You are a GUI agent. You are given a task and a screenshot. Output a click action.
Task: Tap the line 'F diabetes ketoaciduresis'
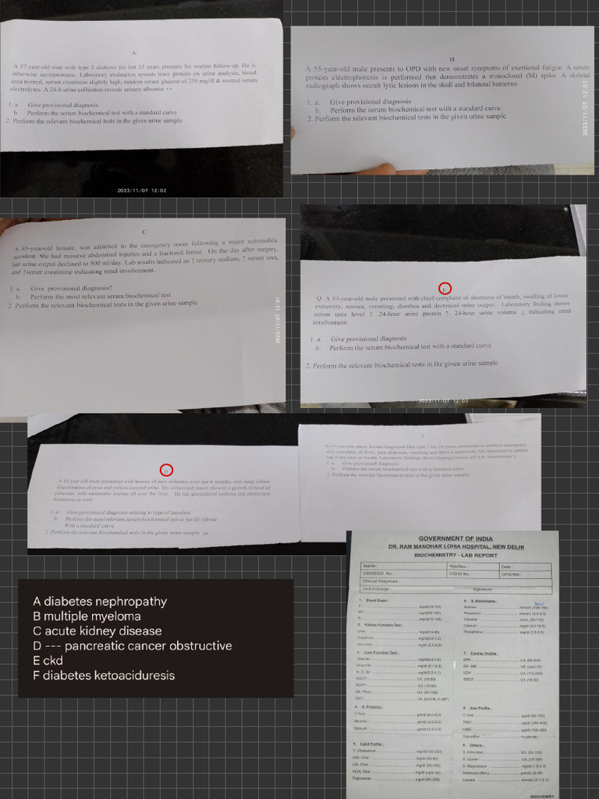coord(104,676)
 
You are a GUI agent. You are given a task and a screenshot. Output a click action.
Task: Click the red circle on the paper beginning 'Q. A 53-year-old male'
coord(445,288)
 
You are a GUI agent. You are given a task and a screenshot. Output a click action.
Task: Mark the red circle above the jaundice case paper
coord(165,470)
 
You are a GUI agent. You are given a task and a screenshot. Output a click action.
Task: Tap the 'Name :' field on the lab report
coord(370,566)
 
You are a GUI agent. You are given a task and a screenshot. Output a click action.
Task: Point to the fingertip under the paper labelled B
coord(382,169)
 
